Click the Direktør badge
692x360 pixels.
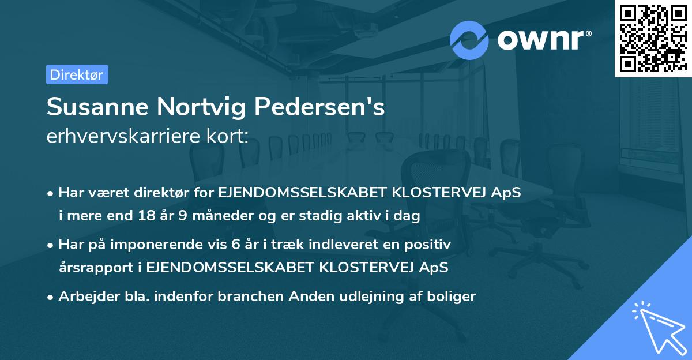click(x=77, y=74)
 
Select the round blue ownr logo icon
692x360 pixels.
click(x=469, y=40)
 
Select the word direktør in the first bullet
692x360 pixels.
click(x=153, y=193)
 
